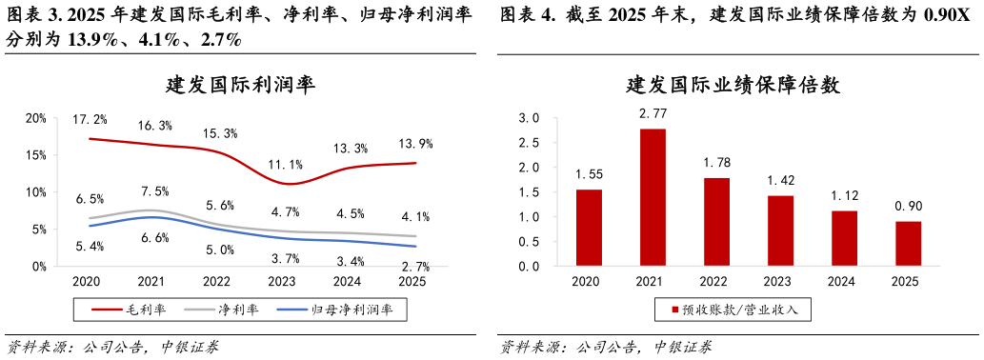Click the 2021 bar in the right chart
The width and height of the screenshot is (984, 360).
pyautogui.click(x=653, y=198)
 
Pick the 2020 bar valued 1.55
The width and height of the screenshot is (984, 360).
pyautogui.click(x=590, y=229)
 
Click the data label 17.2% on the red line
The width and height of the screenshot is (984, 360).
pyautogui.click(x=89, y=119)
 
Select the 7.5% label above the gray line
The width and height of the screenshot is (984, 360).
pyautogui.click(x=154, y=191)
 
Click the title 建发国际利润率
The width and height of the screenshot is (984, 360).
pyautogui.click(x=240, y=84)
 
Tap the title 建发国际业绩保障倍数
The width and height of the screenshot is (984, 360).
pyautogui.click(x=733, y=84)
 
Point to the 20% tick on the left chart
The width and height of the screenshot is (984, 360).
pyautogui.click(x=36, y=118)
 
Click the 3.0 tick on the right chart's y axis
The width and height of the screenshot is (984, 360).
pyautogui.click(x=528, y=118)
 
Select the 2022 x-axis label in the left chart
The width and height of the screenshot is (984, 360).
pyautogui.click(x=218, y=282)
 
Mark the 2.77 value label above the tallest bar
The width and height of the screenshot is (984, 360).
pyautogui.click(x=653, y=113)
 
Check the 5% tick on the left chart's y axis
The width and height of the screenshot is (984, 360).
pyautogui.click(x=39, y=230)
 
